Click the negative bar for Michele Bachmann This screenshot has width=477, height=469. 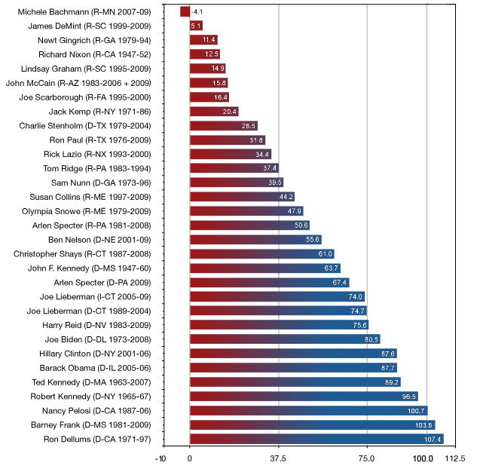pos(185,11)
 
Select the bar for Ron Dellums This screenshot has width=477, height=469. pos(316,439)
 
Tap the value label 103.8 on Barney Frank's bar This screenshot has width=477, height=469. pos(425,425)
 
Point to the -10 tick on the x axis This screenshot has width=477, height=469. pos(161,458)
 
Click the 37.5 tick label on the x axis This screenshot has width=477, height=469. pos(278,458)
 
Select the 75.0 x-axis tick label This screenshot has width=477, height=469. pos(366,458)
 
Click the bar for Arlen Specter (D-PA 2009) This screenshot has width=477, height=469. pos(268,282)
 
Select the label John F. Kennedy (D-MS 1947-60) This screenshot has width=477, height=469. pos(93,268)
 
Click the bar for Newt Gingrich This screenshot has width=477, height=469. pos(203,40)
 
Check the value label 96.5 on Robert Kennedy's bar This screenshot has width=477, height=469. pos(408,396)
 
